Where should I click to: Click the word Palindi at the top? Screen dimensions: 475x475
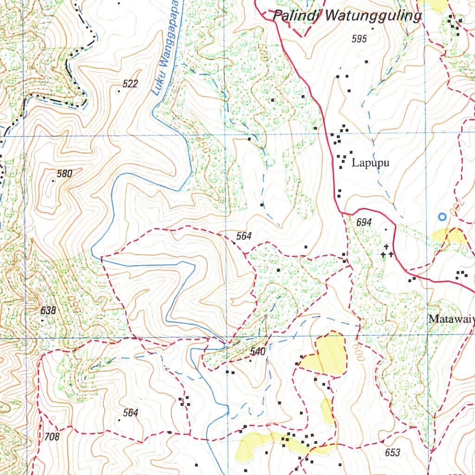(x=297, y=16)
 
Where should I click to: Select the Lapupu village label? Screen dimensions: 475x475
(x=370, y=163)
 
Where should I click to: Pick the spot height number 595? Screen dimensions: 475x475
(x=359, y=39)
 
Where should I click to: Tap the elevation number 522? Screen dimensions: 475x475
(x=130, y=83)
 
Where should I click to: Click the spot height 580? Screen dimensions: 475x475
(x=65, y=174)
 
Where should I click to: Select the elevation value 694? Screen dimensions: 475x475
(x=364, y=223)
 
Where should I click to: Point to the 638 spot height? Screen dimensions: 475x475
(x=48, y=310)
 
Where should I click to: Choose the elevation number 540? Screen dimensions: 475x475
(x=257, y=352)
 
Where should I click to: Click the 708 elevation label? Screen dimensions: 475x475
(x=52, y=436)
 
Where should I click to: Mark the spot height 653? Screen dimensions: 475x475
(x=392, y=452)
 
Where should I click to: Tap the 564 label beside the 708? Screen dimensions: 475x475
(x=130, y=412)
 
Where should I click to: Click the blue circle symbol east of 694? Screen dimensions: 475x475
(x=442, y=217)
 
